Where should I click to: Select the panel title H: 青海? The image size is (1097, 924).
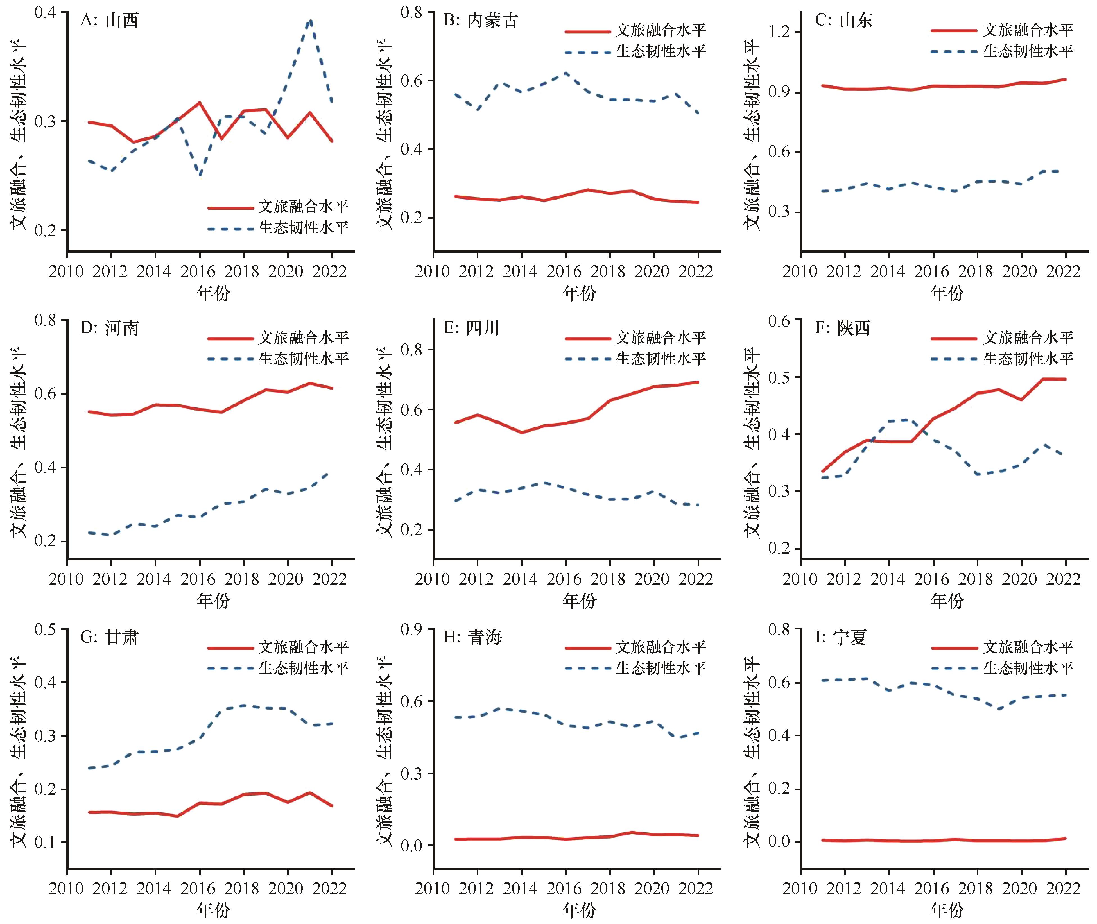click(472, 637)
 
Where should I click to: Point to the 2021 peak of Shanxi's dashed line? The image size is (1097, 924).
click(310, 21)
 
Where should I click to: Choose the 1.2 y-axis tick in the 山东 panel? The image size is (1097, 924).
click(779, 32)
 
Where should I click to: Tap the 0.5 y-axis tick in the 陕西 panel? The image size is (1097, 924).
click(779, 377)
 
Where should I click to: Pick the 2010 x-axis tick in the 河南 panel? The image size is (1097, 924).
click(67, 579)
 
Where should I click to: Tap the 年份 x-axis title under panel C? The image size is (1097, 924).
click(947, 293)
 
